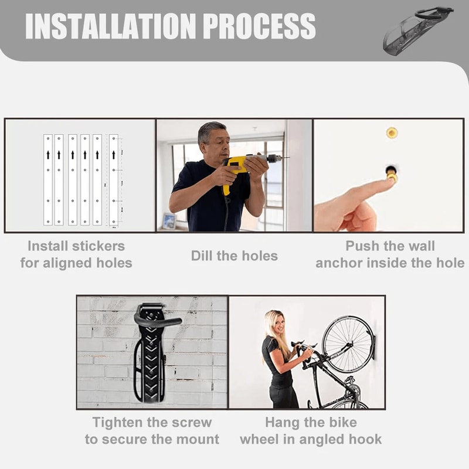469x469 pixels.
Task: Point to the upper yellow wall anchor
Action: pos(392,132)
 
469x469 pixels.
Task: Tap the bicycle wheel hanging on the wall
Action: pos(348,344)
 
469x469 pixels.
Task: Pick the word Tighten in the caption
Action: pos(118,422)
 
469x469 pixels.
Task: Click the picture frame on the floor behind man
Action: pos(169,221)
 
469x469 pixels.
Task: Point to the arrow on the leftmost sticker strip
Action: pos(48,155)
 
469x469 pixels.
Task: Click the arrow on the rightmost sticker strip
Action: pos(114,155)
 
